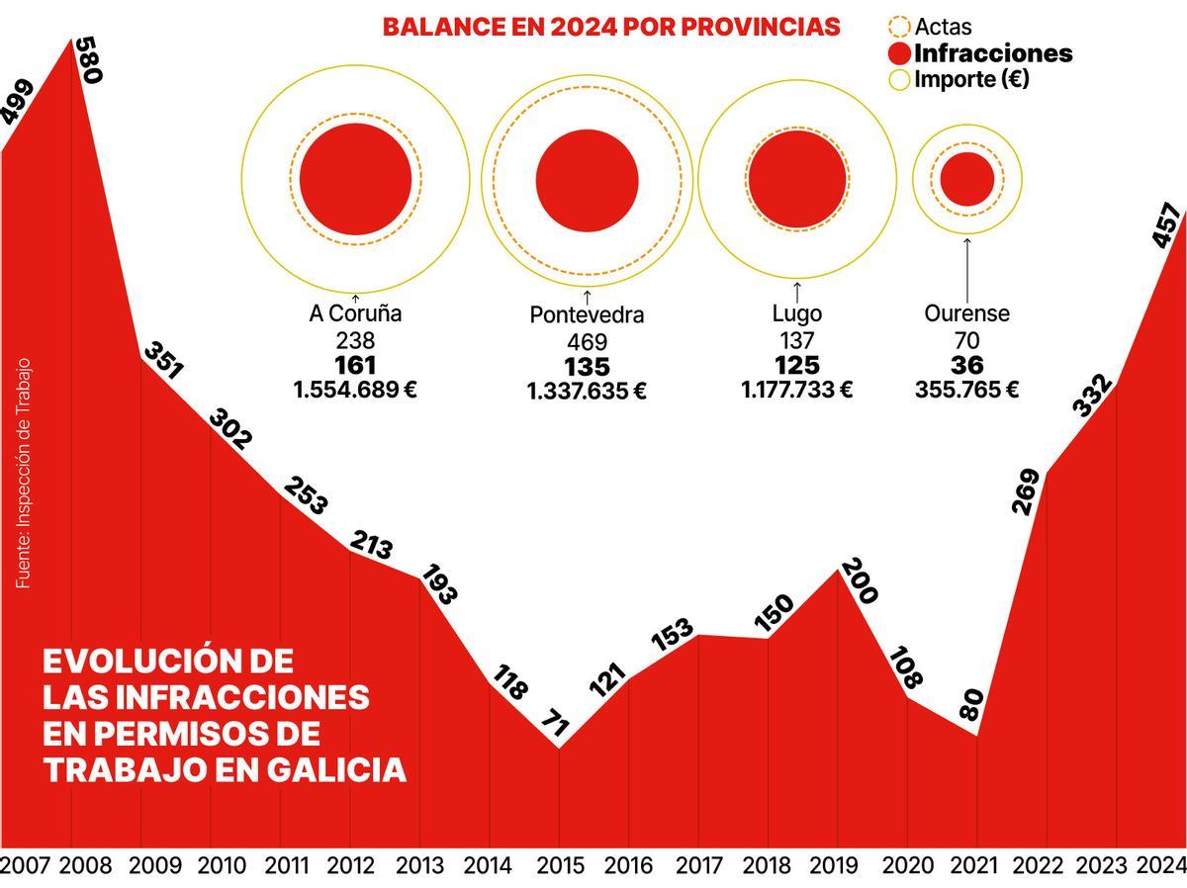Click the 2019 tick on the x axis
click(834, 866)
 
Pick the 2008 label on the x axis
click(85, 866)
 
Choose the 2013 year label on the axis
click(419, 866)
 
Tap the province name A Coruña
click(355, 313)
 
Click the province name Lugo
click(796, 313)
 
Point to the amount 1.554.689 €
click(355, 390)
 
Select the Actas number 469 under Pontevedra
click(587, 341)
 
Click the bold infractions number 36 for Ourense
click(966, 365)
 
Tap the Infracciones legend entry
click(992, 53)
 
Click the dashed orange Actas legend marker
click(899, 27)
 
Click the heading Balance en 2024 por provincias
click(611, 27)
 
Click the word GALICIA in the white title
click(336, 769)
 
